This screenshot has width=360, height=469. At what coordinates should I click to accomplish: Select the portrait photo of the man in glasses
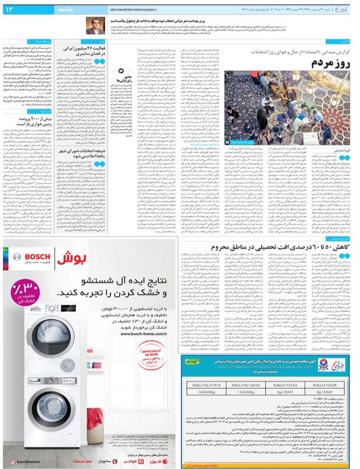click(x=93, y=25)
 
